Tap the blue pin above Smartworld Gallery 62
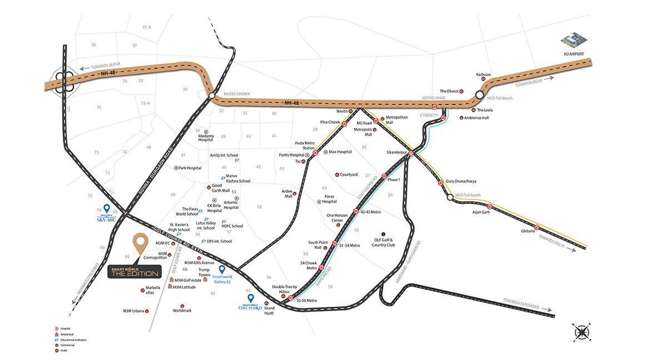pos(222,270)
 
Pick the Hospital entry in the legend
pos(65,329)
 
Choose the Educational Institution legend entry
pos(73,339)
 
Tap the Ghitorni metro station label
pos(527,231)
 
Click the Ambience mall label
pos(477,118)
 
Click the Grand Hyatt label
pos(270,310)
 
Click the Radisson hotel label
pos(484,74)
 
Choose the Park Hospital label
pos(190,168)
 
